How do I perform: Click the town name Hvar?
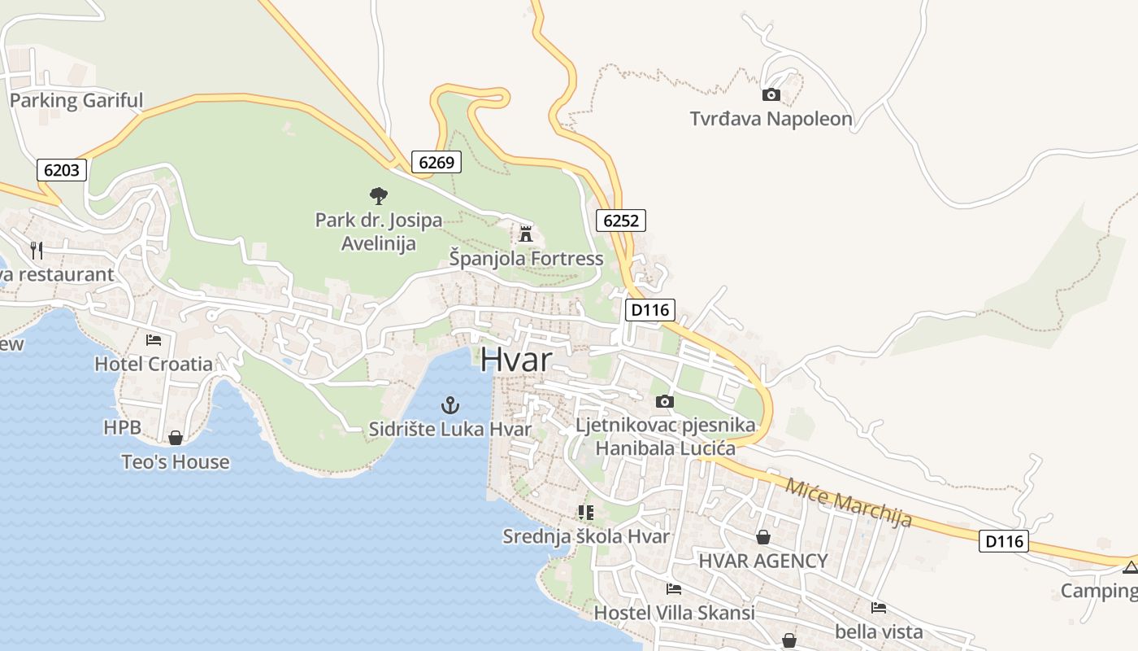[x=516, y=360]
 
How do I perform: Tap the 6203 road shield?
[x=62, y=170]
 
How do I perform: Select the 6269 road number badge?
[x=437, y=162]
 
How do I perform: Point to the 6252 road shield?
[x=621, y=220]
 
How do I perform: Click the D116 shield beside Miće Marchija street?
[x=1004, y=541]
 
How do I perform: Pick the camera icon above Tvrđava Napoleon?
[x=771, y=95]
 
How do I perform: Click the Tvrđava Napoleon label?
[x=771, y=119]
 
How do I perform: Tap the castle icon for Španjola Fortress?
[x=526, y=234]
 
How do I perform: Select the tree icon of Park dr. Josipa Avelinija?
[x=378, y=195]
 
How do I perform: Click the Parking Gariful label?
[x=76, y=101]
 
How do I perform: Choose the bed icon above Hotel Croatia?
[x=154, y=339]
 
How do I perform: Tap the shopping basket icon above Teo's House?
[x=176, y=438]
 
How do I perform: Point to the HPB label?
[x=122, y=427]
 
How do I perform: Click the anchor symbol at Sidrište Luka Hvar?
[x=450, y=404]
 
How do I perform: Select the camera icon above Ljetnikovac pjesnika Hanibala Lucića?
[x=664, y=401]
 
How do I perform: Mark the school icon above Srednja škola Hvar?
[x=585, y=512]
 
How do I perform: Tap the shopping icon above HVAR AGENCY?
[x=763, y=537]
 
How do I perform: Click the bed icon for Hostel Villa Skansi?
[x=673, y=588]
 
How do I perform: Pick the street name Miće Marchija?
[x=848, y=502]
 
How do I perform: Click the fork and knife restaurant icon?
[x=37, y=250]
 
